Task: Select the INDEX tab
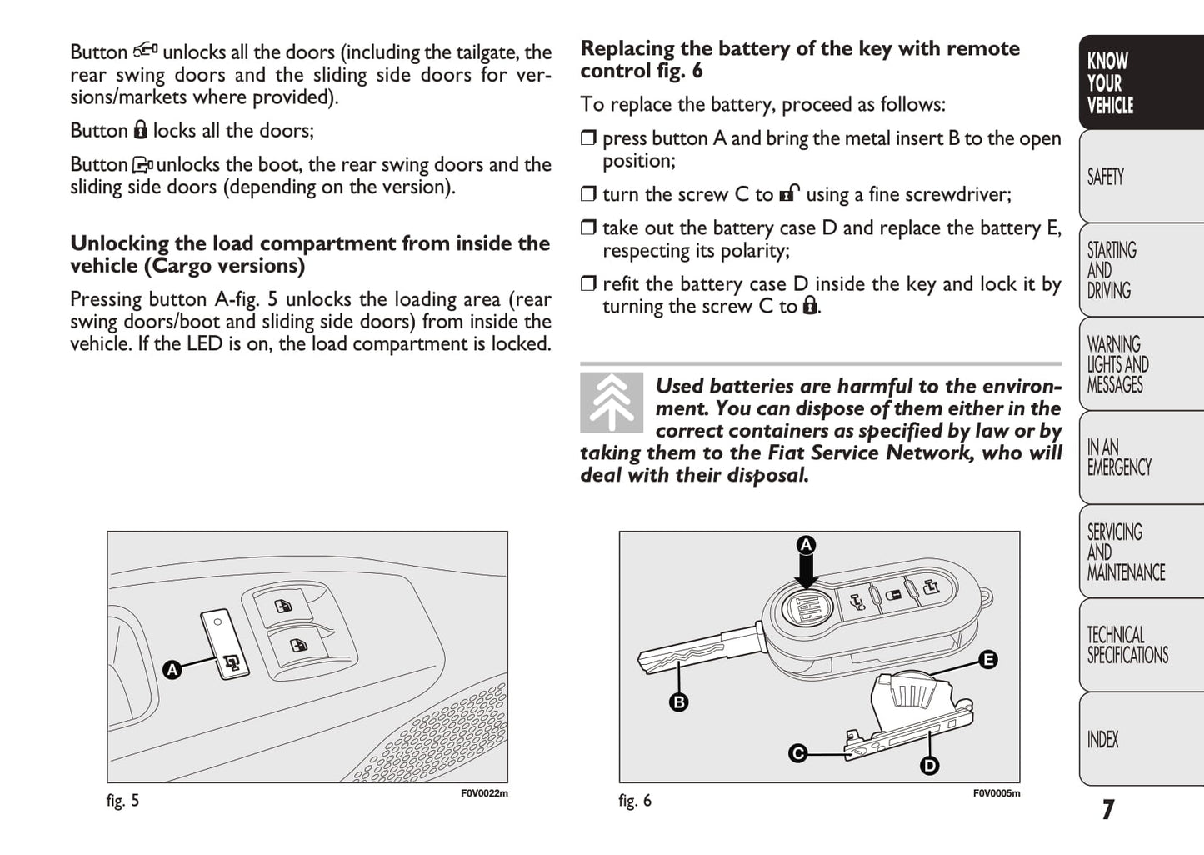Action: coord(1103,739)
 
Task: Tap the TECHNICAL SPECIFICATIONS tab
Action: coord(1127,645)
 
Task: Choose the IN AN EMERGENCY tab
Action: coord(1118,457)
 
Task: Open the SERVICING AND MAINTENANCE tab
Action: coord(1125,552)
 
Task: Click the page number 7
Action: coord(1107,809)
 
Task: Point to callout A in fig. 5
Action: coord(172,670)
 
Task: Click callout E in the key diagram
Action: coord(987,660)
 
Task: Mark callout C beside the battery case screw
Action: coord(797,753)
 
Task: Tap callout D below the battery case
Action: coord(929,766)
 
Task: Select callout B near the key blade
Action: coord(678,702)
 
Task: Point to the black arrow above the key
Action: coord(806,572)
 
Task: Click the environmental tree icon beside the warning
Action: coord(612,402)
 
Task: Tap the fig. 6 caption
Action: coord(635,801)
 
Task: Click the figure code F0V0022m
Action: coord(484,793)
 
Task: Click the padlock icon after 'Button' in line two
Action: coord(140,130)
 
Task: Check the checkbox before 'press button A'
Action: coord(589,138)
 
